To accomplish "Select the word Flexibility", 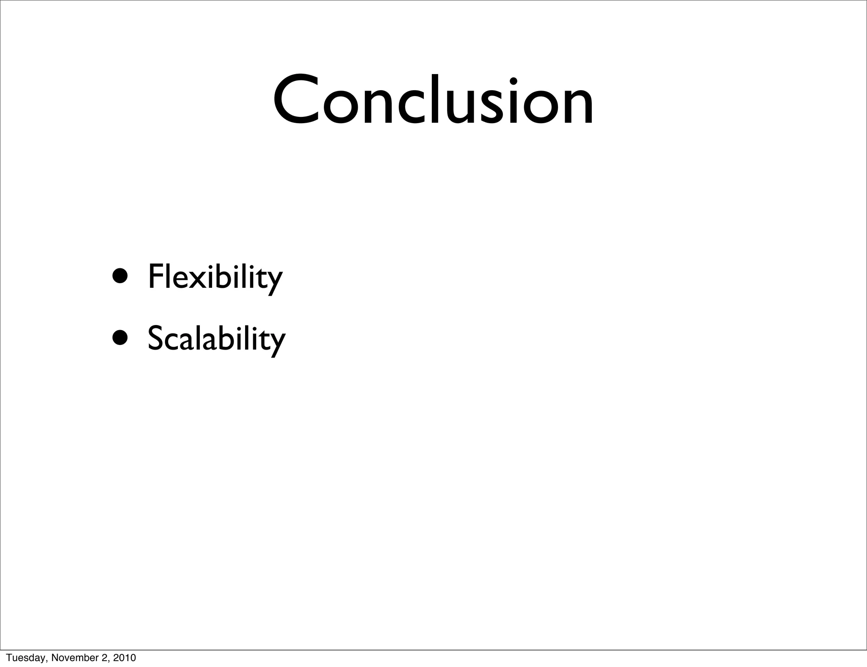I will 215,277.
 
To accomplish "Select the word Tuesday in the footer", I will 21,658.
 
